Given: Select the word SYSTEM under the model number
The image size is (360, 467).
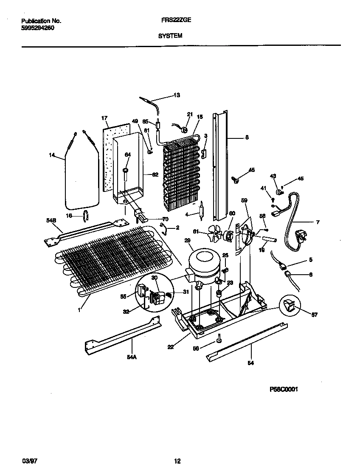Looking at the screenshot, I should click(x=170, y=36).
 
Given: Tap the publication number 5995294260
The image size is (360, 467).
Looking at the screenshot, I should click(x=37, y=28).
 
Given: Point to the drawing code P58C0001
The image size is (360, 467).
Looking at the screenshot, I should click(x=284, y=389).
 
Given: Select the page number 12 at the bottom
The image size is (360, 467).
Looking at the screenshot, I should click(x=177, y=461).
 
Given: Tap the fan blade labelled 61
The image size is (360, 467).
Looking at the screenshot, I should click(x=214, y=233).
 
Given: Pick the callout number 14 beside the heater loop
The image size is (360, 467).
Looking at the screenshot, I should click(x=51, y=155).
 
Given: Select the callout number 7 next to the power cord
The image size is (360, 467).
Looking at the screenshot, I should click(x=318, y=222).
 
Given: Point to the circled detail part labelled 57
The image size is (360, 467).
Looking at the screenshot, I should click(x=290, y=304).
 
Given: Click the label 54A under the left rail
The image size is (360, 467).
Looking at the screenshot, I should click(x=132, y=357).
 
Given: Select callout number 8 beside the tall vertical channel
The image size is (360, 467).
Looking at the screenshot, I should click(x=247, y=137).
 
